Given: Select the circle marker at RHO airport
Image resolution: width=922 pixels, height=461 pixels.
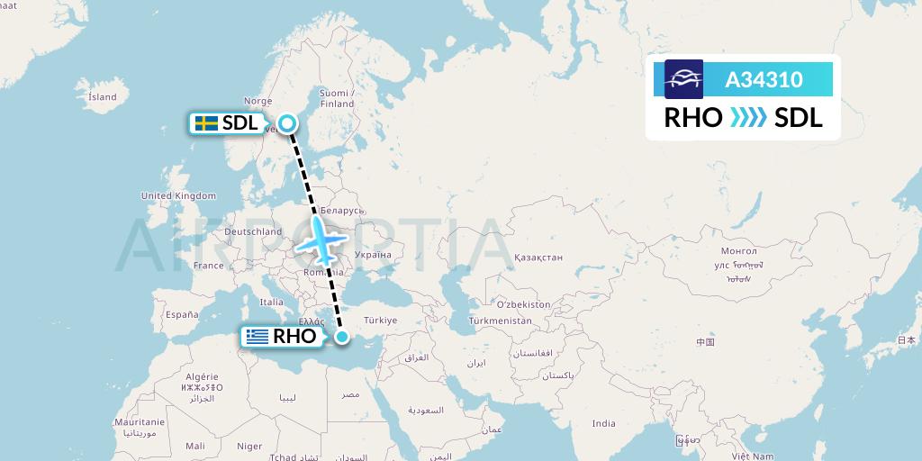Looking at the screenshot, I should point(342,338).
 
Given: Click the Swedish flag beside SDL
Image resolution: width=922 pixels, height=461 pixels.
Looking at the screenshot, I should point(206,123).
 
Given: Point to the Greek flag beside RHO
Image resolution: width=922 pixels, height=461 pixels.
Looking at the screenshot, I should point(258,338).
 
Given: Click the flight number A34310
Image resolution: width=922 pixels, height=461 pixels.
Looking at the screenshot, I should point(764,80).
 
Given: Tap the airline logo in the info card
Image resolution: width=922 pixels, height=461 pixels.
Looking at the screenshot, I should point(683,79).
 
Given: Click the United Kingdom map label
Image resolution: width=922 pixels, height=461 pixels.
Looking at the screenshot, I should point(178,195).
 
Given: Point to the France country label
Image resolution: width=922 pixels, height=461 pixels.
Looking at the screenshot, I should point(208,266).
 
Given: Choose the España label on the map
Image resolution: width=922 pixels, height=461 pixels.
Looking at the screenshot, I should point(181,314).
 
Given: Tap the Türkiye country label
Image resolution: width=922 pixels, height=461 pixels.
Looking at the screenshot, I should point(380,320).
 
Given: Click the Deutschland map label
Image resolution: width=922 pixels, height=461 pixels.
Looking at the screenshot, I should point(253,231).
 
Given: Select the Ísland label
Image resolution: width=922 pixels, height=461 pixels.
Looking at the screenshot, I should point(103,96).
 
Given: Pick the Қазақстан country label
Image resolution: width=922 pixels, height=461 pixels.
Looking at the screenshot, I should point(538,258).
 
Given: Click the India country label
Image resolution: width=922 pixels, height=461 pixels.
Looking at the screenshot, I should point(603,423).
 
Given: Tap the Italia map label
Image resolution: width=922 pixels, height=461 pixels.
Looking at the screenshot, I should point(271,303).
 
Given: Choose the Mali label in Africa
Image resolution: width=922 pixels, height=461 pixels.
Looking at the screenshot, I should point(194,445).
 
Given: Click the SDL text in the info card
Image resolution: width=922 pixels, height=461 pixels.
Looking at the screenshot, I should point(798,118).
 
